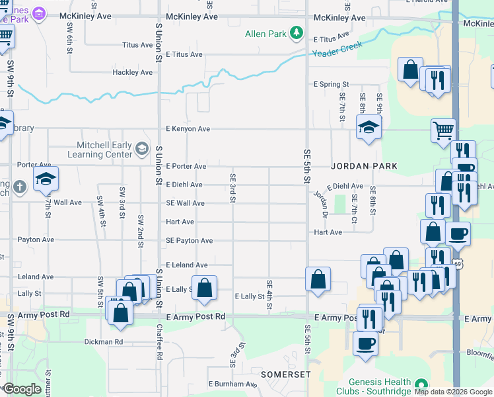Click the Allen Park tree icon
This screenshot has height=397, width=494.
click(297, 32)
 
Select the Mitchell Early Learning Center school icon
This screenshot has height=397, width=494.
click(141, 148)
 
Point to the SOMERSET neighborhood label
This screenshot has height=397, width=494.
click(285, 375)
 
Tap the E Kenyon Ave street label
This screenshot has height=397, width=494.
click(188, 129)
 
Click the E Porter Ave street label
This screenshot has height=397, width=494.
click(186, 166)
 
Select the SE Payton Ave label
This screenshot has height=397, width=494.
click(189, 241)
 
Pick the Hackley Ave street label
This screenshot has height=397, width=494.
click(133, 72)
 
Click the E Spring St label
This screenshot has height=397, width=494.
click(331, 85)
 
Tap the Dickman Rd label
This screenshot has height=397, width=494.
click(104, 342)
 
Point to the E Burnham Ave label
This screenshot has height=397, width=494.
click(232, 384)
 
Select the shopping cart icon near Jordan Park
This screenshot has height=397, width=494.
click(443, 129)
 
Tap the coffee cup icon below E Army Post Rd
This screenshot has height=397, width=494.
click(365, 343)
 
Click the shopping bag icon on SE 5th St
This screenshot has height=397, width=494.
click(318, 279)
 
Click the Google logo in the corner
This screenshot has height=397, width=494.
click(22, 389)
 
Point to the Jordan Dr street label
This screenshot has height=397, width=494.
click(321, 203)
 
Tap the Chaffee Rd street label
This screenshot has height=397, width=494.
click(159, 345)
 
